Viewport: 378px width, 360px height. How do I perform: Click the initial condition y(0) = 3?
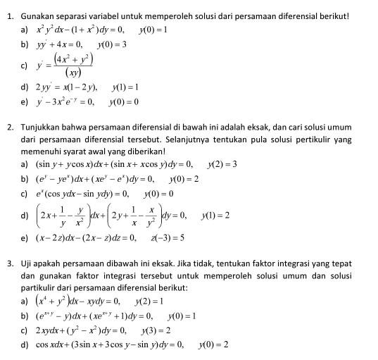pos(112,44)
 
